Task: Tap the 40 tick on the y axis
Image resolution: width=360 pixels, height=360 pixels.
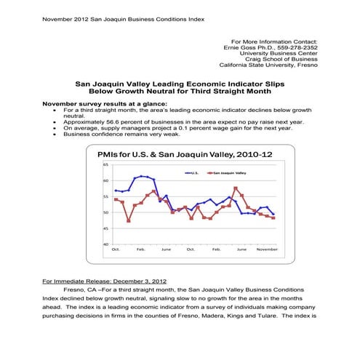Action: point(106,244)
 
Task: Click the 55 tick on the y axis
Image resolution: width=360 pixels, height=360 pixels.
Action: point(106,196)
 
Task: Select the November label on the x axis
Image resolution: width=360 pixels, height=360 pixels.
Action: point(267,249)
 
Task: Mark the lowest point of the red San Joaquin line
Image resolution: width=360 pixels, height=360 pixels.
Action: point(129,220)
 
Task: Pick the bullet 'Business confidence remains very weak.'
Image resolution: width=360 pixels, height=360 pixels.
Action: point(121,134)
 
